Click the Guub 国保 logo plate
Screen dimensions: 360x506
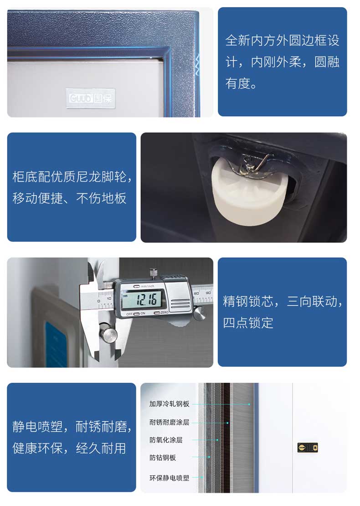(x=90, y=98)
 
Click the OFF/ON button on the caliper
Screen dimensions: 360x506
(x=136, y=314)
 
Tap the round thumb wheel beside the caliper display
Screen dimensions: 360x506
(x=199, y=313)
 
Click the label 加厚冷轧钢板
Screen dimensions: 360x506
(x=169, y=404)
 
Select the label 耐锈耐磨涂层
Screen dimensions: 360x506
(x=169, y=422)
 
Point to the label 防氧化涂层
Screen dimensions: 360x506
(x=166, y=440)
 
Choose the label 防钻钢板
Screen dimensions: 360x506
(x=163, y=458)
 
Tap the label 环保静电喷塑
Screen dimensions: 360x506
(x=169, y=478)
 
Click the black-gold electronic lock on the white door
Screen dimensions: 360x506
(x=308, y=448)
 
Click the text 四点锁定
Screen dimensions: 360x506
(x=248, y=323)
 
